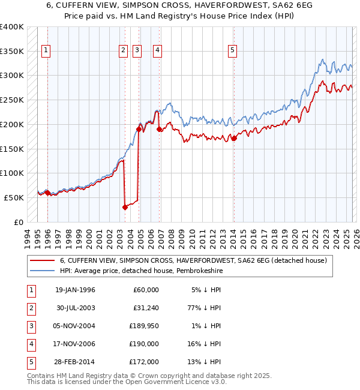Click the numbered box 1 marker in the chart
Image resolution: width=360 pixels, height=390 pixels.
(x=47, y=51)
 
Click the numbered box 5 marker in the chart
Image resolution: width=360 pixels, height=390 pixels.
(x=232, y=51)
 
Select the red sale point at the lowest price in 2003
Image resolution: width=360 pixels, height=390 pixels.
(x=125, y=207)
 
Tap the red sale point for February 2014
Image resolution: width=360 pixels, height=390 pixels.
(x=234, y=138)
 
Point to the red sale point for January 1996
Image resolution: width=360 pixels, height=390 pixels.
(x=48, y=193)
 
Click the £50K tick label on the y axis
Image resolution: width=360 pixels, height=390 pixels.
(x=14, y=197)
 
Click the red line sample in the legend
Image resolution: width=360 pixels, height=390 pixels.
(x=43, y=260)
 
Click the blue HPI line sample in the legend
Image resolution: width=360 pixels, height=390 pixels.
(x=43, y=271)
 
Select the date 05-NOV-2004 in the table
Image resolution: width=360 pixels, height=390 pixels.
(x=75, y=326)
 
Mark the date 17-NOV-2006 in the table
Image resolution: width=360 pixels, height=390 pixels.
(x=75, y=344)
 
